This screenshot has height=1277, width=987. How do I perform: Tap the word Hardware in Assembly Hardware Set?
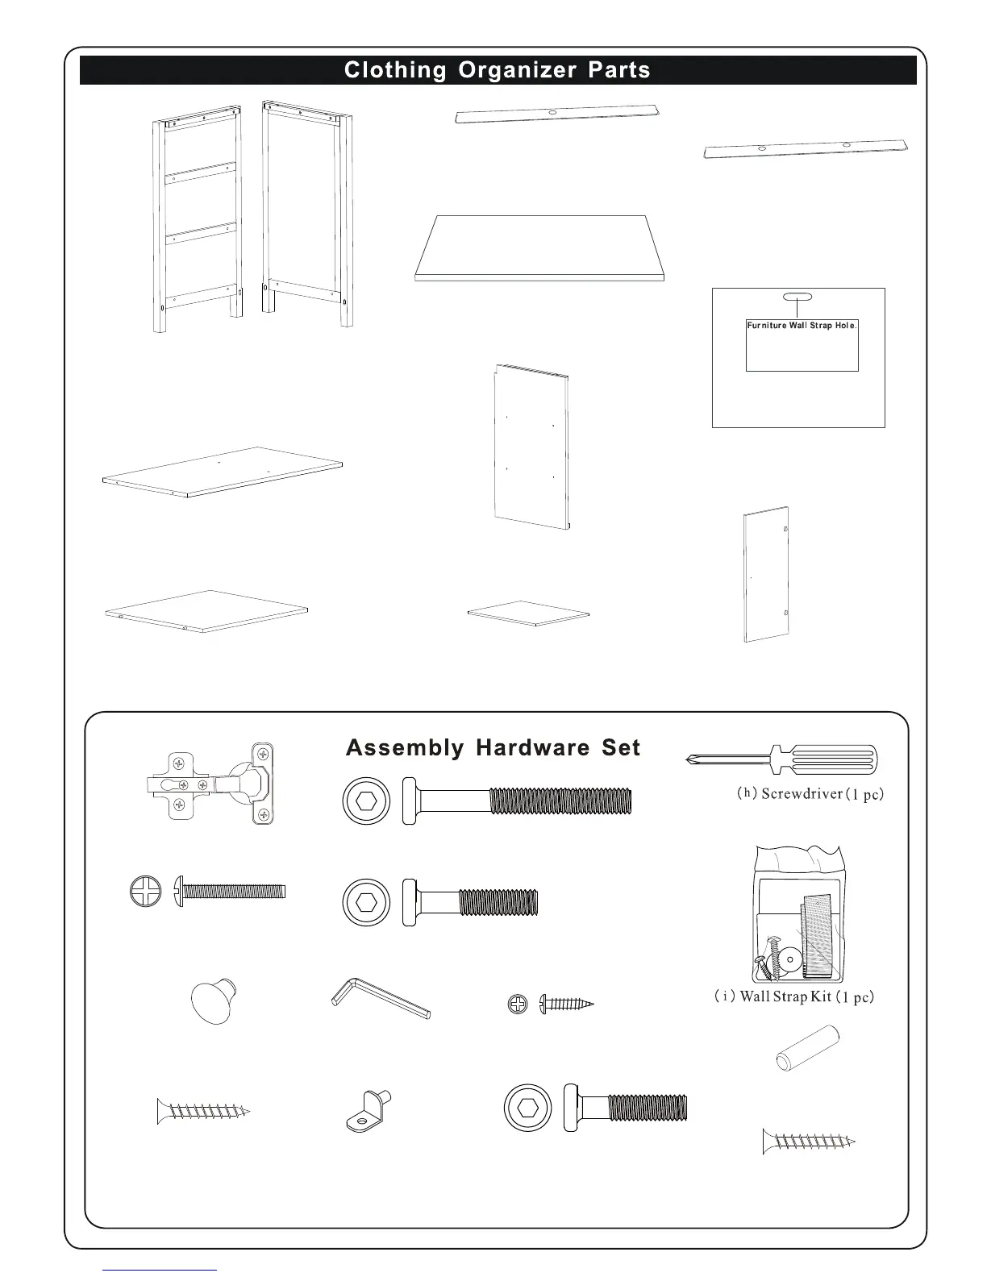pyautogui.click(x=532, y=748)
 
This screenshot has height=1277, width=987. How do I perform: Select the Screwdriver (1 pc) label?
pyautogui.click(x=810, y=793)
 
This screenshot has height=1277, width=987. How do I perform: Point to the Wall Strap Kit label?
pyautogui.click(x=793, y=996)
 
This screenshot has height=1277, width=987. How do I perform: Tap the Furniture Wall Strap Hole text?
pyautogui.click(x=802, y=326)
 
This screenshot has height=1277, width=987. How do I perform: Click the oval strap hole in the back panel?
pyautogui.click(x=798, y=296)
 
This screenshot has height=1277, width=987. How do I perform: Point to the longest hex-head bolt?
pyautogui.click(x=517, y=801)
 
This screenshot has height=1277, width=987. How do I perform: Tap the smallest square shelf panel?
pyautogui.click(x=528, y=612)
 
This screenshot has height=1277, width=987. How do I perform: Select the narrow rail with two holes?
pyautogui.click(x=806, y=150)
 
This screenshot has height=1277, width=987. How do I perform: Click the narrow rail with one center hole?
pyautogui.click(x=557, y=114)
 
